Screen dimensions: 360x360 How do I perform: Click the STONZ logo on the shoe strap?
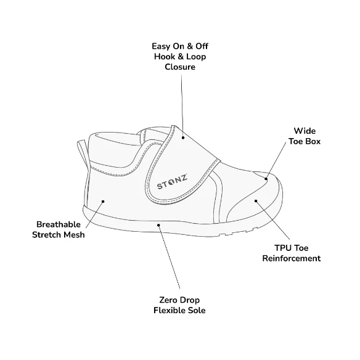pyautogui.click(x=172, y=182)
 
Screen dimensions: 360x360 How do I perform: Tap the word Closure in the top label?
pyautogui.click(x=180, y=67)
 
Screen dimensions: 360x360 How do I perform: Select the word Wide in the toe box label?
pyautogui.click(x=305, y=131)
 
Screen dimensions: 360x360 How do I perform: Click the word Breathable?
pyautogui.click(x=59, y=224)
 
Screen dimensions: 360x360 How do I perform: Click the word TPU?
pyautogui.click(x=282, y=248)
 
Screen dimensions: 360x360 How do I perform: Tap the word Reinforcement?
pyautogui.click(x=292, y=258)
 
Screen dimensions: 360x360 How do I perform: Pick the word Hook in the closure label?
pyautogui.click(x=164, y=57)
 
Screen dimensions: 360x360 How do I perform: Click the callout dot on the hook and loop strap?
pyautogui.click(x=183, y=137)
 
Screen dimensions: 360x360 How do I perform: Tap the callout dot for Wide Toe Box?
pyautogui.click(x=266, y=179)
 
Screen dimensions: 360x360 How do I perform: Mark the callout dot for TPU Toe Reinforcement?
pyautogui.click(x=256, y=201)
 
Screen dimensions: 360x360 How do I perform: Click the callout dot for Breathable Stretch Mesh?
pyautogui.click(x=103, y=202)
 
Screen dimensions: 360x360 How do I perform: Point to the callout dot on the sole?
pyautogui.click(x=158, y=225)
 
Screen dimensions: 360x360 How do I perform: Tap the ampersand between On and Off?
pyautogui.click(x=190, y=46)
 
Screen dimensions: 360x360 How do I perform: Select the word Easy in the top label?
pyautogui.click(x=161, y=46)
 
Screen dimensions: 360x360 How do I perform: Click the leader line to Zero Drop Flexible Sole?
pyautogui.click(x=169, y=257)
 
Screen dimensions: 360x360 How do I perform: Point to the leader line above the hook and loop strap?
pyautogui.click(x=182, y=106)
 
